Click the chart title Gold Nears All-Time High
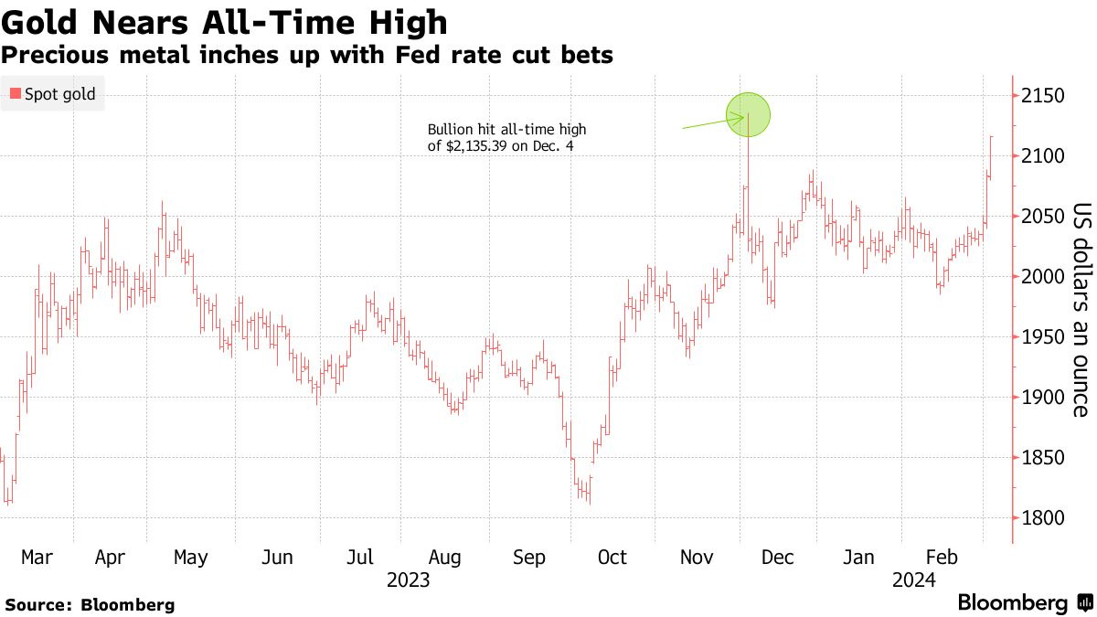tap(225, 22)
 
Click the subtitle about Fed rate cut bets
tap(306, 56)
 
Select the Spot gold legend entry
tap(53, 93)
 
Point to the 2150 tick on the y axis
tap(1039, 96)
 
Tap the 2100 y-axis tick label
tap(1039, 156)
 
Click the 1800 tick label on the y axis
tap(1039, 518)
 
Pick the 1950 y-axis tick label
tap(1039, 337)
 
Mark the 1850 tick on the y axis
tap(1039, 458)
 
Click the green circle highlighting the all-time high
tap(749, 115)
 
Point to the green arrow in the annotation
tap(712, 122)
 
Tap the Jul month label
tap(360, 557)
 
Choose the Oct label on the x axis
tap(612, 557)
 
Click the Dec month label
tap(779, 557)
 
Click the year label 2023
tap(409, 580)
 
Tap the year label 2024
tap(914, 580)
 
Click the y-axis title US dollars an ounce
tap(1081, 309)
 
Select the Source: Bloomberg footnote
tap(90, 604)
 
